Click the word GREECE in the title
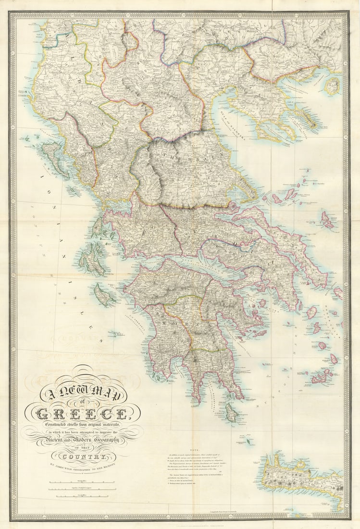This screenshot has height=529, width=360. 82,413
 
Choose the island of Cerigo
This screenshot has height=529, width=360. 231,412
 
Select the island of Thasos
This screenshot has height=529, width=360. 332,86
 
